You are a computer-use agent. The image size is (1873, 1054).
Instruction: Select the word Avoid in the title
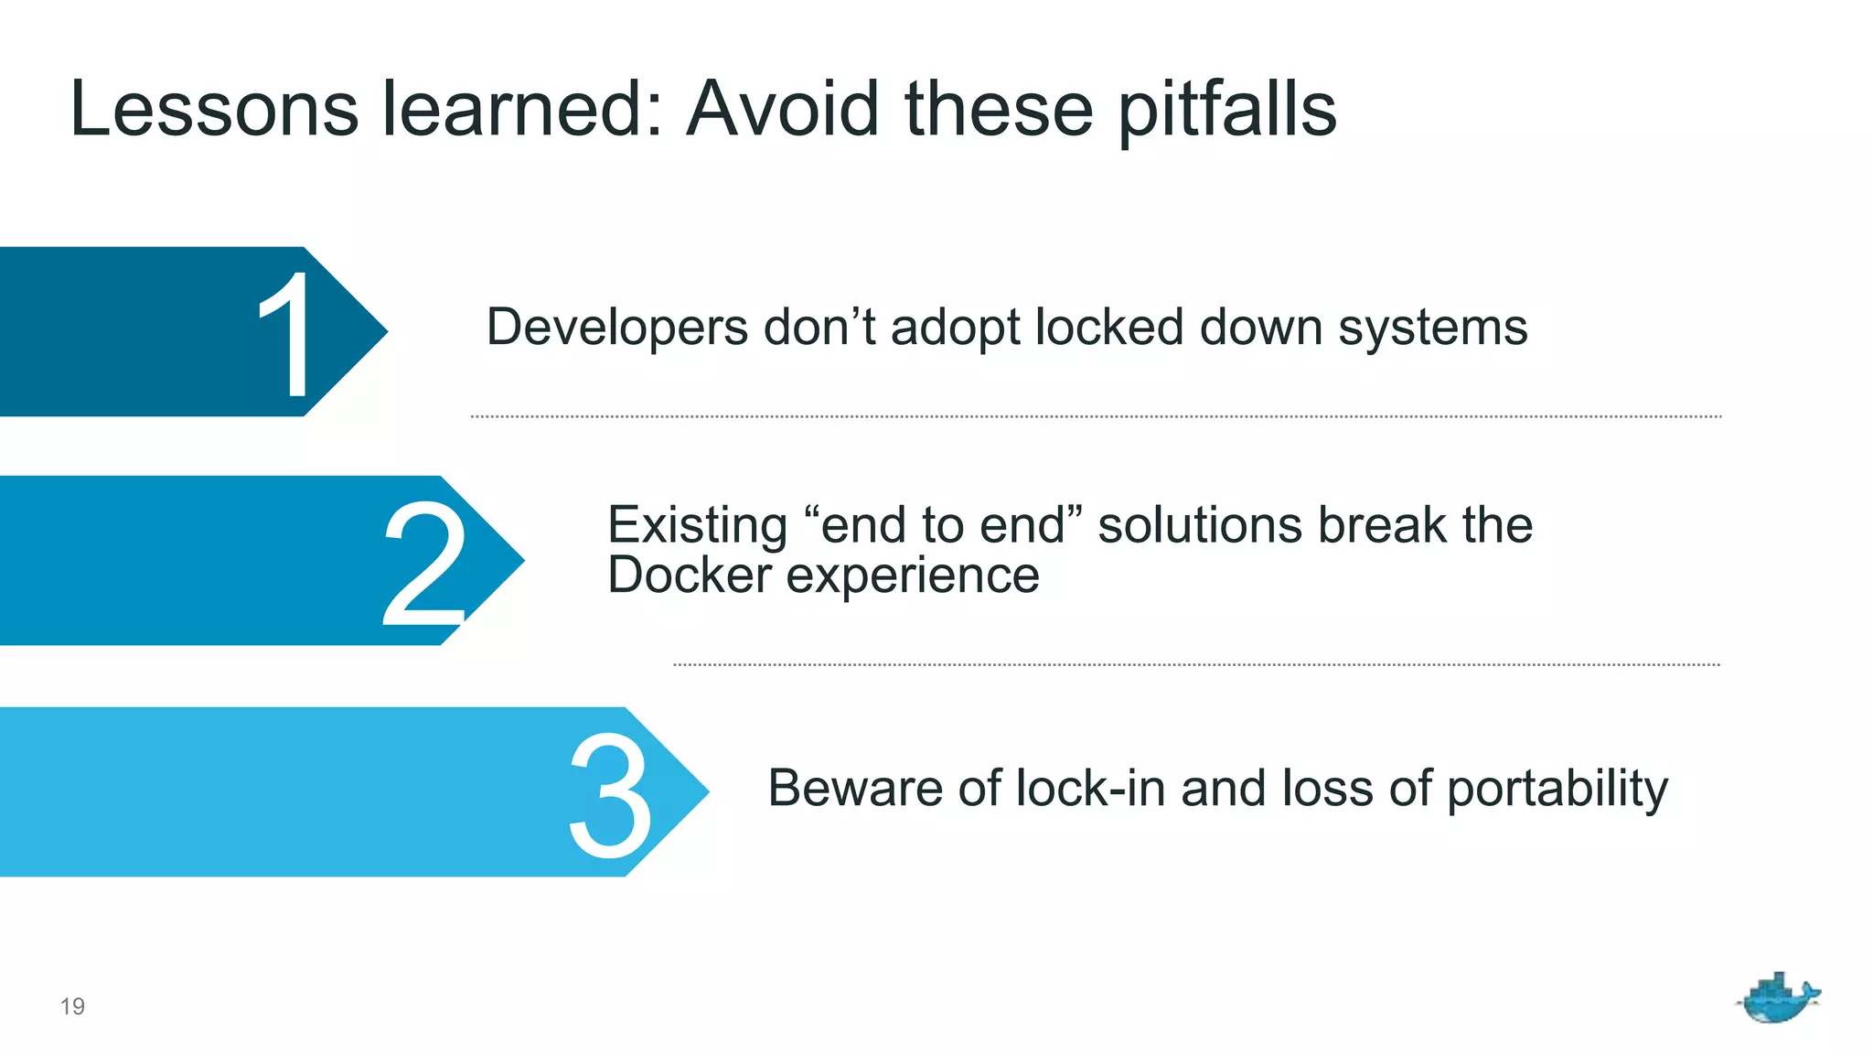coord(783,110)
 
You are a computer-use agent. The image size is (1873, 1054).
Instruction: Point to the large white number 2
coord(423,564)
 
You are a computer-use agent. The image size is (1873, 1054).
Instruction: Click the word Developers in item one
coord(616,328)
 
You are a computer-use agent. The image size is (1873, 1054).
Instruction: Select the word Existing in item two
coord(697,525)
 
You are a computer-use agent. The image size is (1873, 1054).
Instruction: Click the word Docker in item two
coord(690,575)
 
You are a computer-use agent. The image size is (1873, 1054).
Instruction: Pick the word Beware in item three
coord(854,788)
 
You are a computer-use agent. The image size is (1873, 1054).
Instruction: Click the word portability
coord(1557,790)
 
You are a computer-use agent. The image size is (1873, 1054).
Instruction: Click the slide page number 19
coord(72,1006)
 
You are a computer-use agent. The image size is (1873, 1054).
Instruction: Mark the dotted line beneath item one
coord(1096,416)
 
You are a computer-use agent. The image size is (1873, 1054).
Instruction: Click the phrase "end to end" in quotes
coord(942,525)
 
